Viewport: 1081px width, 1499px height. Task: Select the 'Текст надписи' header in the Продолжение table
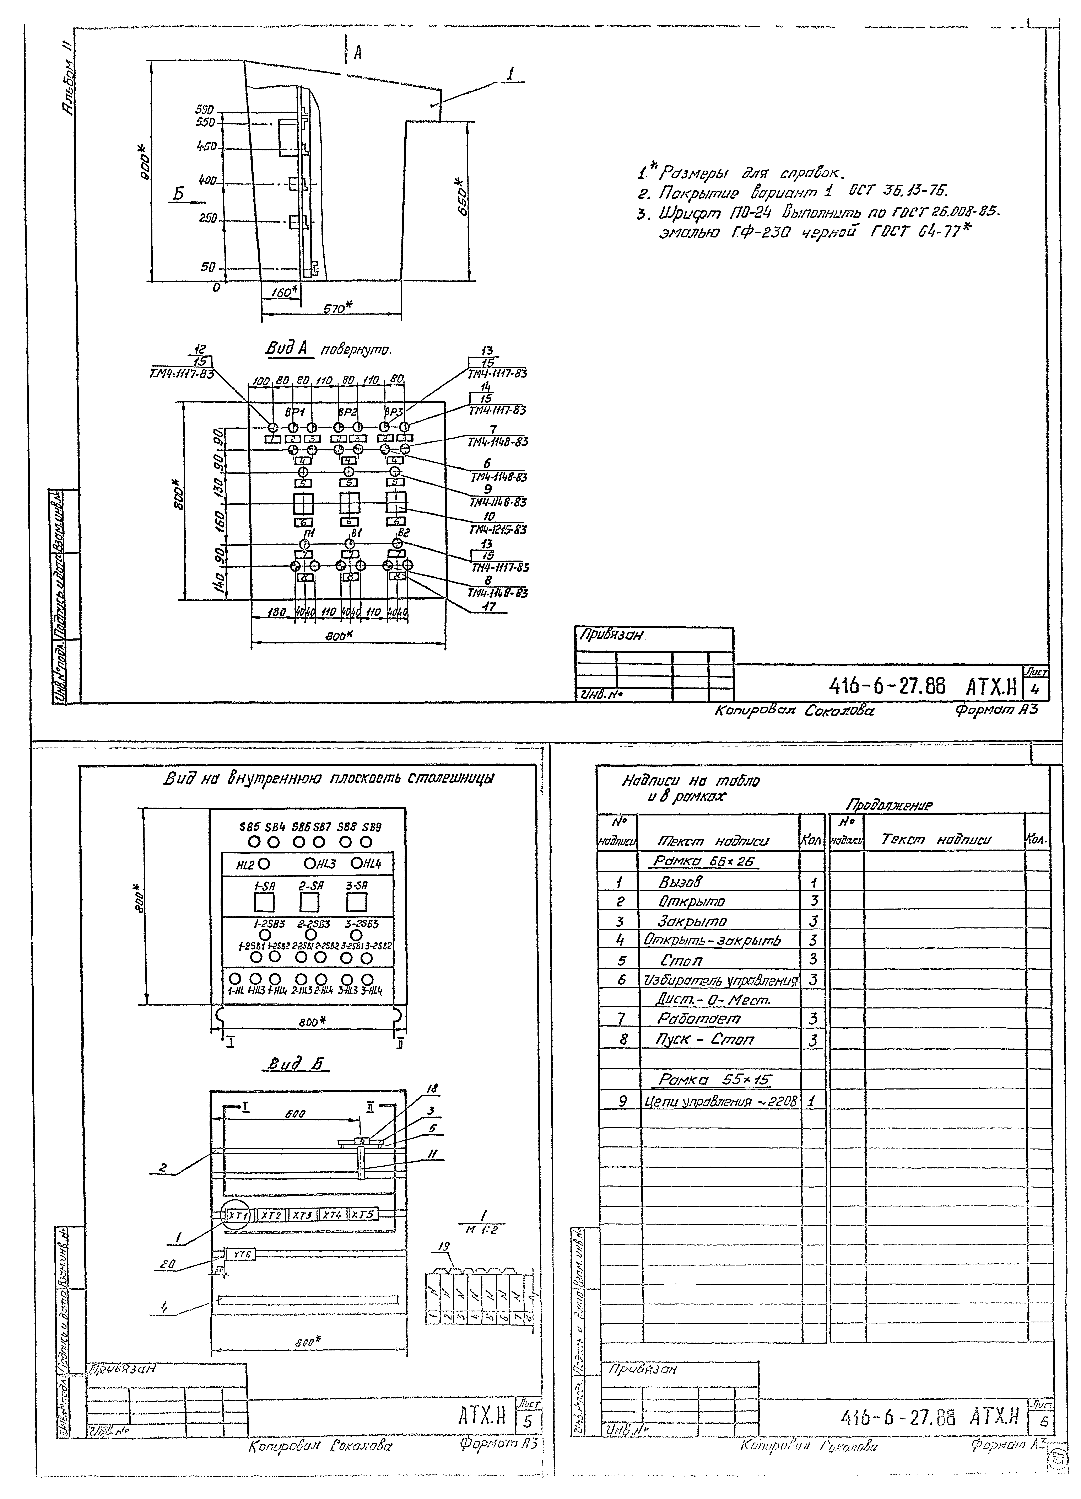[936, 839]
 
